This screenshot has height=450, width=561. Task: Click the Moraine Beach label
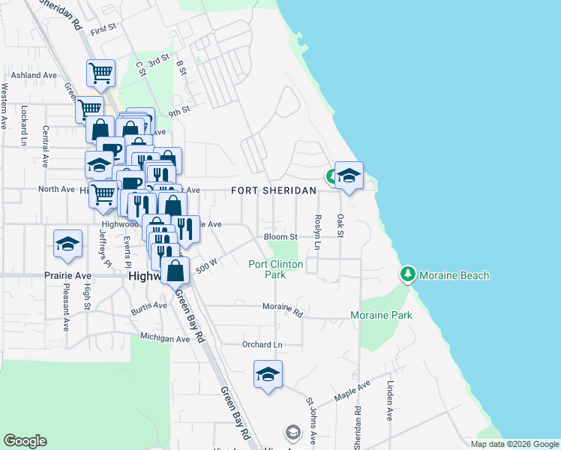pyautogui.click(x=454, y=275)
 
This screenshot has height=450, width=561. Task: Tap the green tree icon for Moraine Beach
pyautogui.click(x=408, y=274)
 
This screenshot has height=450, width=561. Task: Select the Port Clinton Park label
pyautogui.click(x=276, y=269)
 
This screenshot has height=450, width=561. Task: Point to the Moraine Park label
pyautogui.click(x=381, y=316)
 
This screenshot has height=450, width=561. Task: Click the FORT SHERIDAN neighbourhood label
pyautogui.click(x=273, y=190)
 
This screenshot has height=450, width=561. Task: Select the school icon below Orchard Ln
pyautogui.click(x=268, y=373)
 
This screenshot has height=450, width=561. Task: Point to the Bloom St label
pyautogui.click(x=281, y=237)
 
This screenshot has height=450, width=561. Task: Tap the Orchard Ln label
pyautogui.click(x=262, y=345)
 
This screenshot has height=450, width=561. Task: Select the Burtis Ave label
pyautogui.click(x=148, y=306)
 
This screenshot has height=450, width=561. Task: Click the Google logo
pyautogui.click(x=25, y=441)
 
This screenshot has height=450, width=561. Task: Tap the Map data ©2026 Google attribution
pyautogui.click(x=514, y=444)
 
